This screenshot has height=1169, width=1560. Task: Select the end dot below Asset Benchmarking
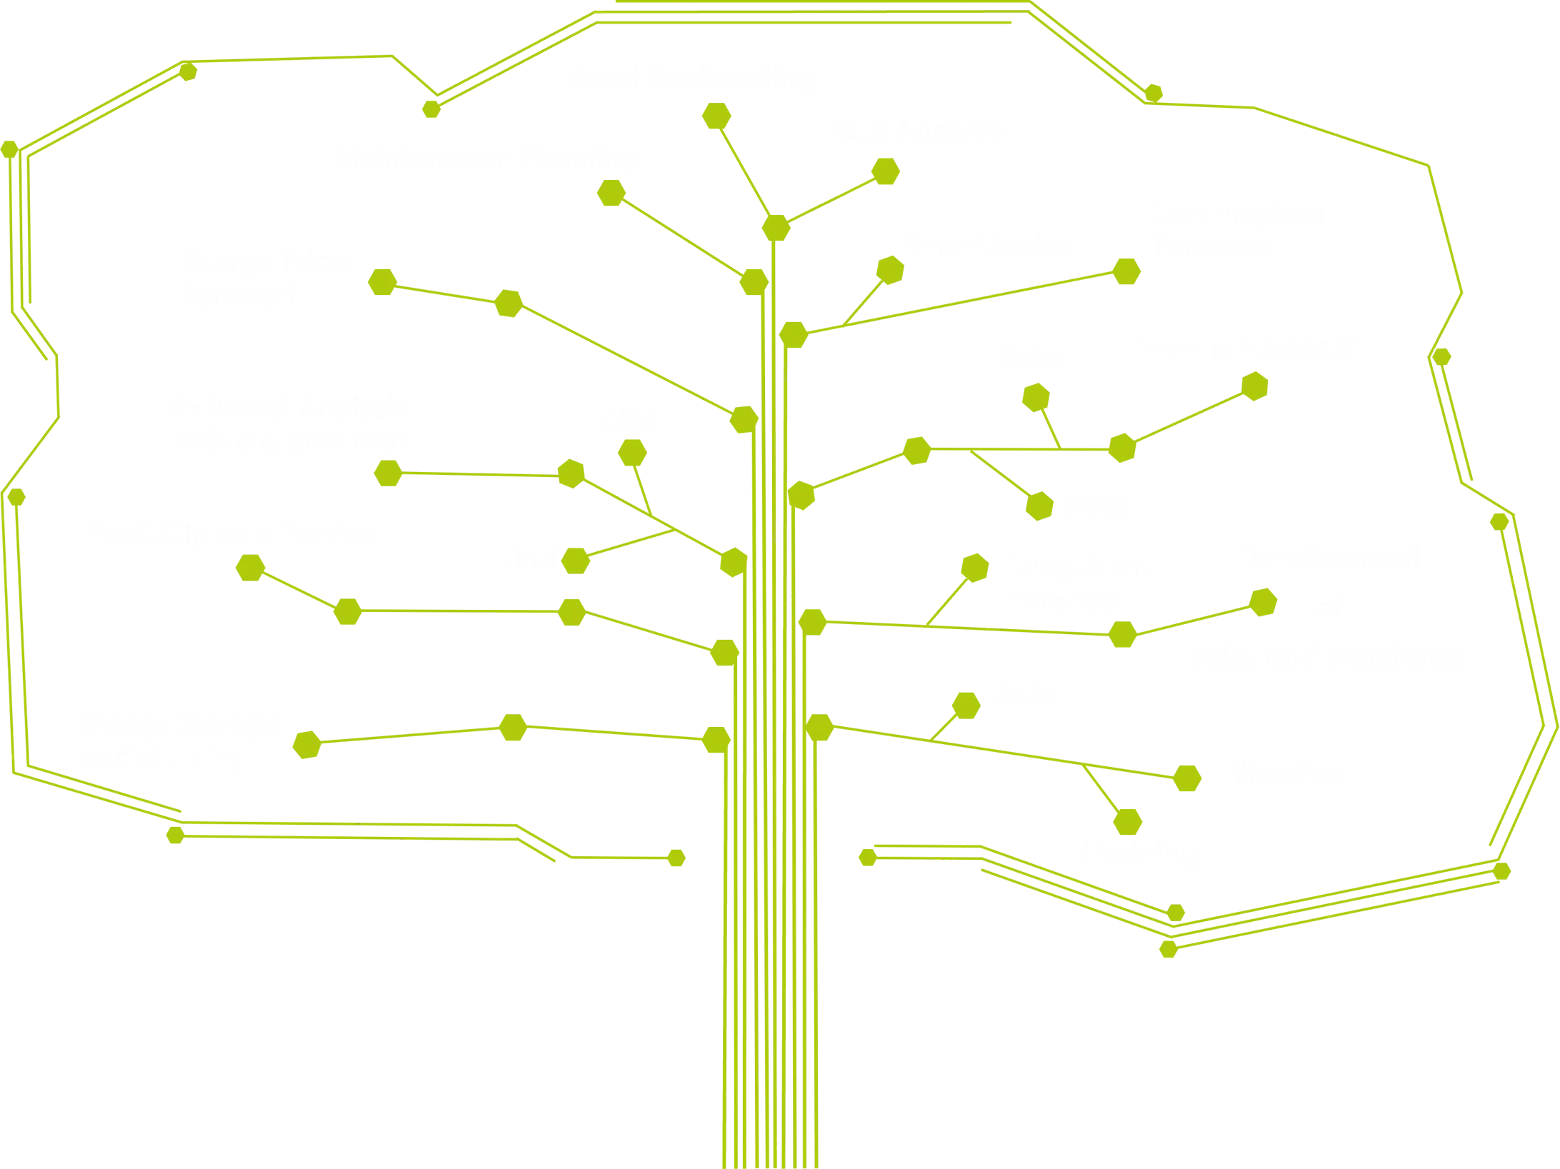[x=716, y=117]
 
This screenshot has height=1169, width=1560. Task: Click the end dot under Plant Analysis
[x=886, y=172]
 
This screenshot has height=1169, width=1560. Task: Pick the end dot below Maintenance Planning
[x=611, y=194]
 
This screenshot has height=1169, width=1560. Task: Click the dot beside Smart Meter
[x=890, y=271]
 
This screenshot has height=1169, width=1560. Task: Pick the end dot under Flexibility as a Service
[x=250, y=568]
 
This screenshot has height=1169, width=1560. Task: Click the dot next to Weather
[x=1186, y=778]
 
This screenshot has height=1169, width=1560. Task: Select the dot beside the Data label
[x=966, y=706]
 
